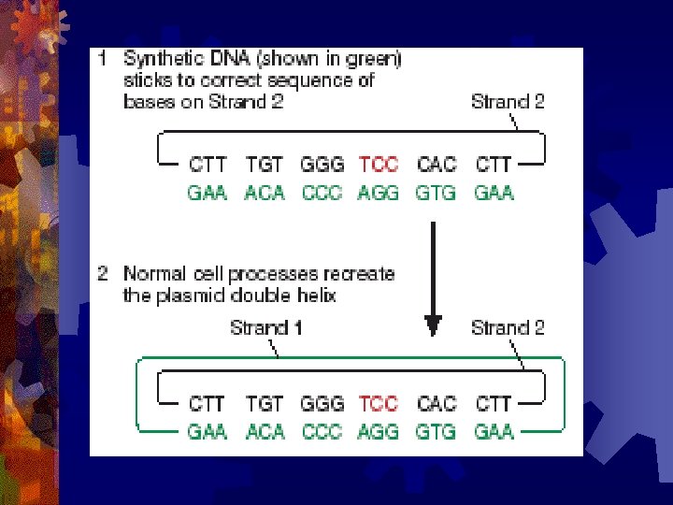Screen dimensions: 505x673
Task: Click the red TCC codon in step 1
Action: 379,165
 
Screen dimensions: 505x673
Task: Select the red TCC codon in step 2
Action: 379,404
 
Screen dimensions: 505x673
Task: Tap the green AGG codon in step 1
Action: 379,194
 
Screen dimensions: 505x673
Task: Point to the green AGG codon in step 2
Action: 379,432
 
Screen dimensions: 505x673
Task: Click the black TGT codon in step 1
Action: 265,165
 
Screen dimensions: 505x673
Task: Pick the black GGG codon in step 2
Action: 322,404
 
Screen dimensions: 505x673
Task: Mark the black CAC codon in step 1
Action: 436,165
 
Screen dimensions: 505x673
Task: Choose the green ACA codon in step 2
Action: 265,432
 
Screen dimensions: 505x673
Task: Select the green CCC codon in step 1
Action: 322,194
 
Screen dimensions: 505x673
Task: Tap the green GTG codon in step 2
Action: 436,432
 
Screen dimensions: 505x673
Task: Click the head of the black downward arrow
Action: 433,325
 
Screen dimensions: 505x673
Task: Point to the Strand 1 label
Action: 266,327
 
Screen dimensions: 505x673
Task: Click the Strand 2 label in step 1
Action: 508,101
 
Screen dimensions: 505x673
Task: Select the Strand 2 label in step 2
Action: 508,327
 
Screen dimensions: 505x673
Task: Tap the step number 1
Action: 105,59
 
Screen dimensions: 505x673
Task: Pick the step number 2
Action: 105,275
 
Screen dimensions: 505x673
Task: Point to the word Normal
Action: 152,275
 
